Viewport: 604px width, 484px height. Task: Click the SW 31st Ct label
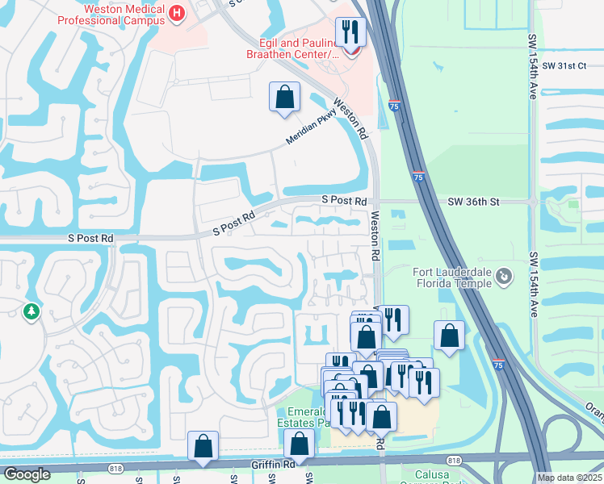point(564,65)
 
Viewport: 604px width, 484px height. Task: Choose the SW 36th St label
point(474,202)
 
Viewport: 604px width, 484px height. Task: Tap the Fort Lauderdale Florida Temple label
point(451,277)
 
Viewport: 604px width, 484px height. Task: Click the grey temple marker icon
point(505,277)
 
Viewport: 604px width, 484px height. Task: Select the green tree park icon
point(31,311)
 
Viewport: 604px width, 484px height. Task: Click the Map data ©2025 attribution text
point(569,478)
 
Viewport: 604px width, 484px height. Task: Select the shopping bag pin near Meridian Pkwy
point(284,98)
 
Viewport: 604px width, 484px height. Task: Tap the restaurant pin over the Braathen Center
point(350,32)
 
